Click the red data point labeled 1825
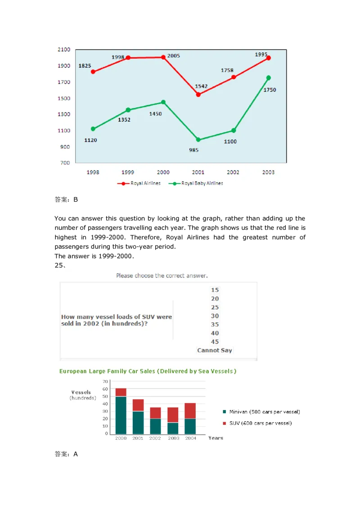point(93,72)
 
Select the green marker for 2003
point(269,78)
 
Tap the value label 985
point(194,150)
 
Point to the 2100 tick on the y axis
point(63,49)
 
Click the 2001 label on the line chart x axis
point(198,172)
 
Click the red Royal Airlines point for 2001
point(198,94)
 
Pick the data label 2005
point(173,56)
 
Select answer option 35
point(215,324)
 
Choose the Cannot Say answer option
point(215,350)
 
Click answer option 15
point(215,290)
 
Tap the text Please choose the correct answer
point(162,276)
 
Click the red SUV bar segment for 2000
point(121,392)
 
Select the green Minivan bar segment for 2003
point(173,428)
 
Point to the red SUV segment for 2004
point(190,411)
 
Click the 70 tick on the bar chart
point(106,382)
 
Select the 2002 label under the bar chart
point(155,438)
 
